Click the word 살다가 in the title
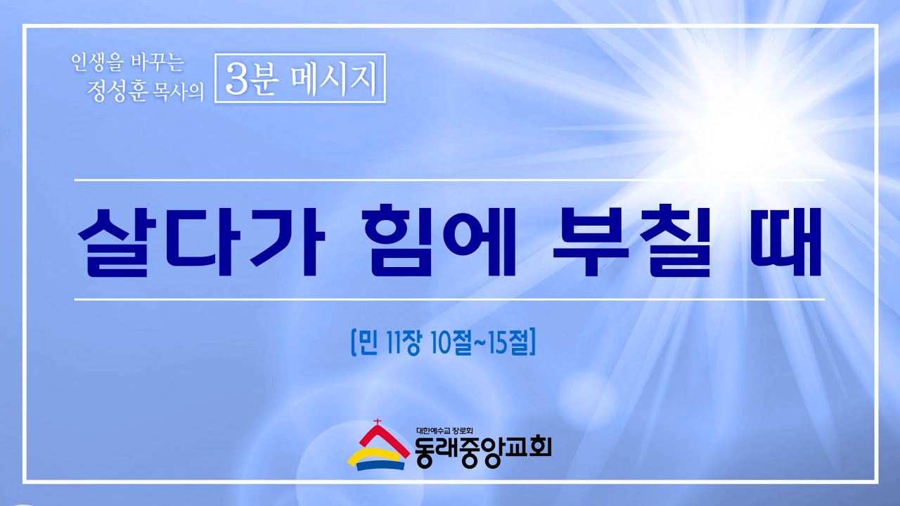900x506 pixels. tap(201, 243)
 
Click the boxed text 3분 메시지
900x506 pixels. tap(300, 78)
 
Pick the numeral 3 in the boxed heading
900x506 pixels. tap(236, 79)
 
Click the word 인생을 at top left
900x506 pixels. tap(97, 63)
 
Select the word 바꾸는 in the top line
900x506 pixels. tap(157, 63)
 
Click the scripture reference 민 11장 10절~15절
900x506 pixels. tap(443, 342)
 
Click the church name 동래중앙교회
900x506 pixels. tap(482, 453)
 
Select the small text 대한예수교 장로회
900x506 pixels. tap(445, 432)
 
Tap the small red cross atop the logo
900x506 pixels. tap(377, 422)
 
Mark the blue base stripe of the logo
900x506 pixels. tap(380, 465)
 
